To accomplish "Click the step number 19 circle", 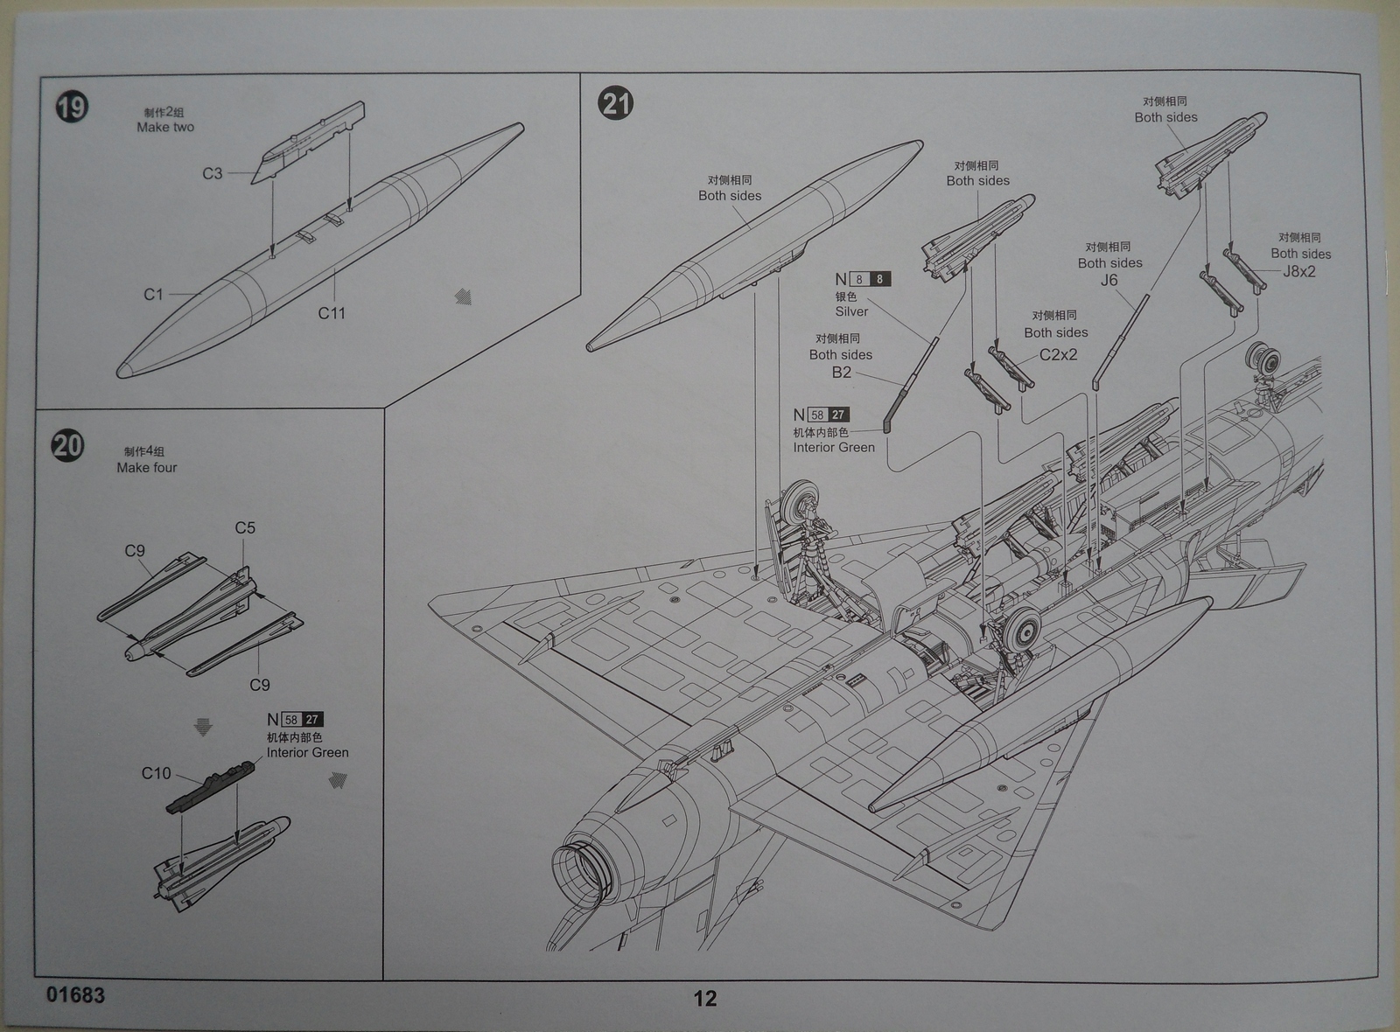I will [x=72, y=108].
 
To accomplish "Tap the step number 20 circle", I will [x=67, y=445].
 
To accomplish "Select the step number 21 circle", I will [x=616, y=104].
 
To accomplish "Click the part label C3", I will [x=213, y=173].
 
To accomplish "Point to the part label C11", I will [x=332, y=313].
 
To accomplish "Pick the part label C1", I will [x=154, y=295].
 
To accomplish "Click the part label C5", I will [x=245, y=528].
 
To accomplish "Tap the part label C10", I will [x=157, y=773].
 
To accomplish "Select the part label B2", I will [x=841, y=373].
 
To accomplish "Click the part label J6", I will [x=1109, y=281].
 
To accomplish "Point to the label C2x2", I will [x=1058, y=355].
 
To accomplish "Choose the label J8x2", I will [x=1299, y=272].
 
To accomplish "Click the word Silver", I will [x=851, y=311].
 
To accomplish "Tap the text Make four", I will [x=147, y=468].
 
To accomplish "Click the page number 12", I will [x=705, y=999].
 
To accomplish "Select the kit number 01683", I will [x=75, y=995].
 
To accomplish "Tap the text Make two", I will [x=165, y=128].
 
